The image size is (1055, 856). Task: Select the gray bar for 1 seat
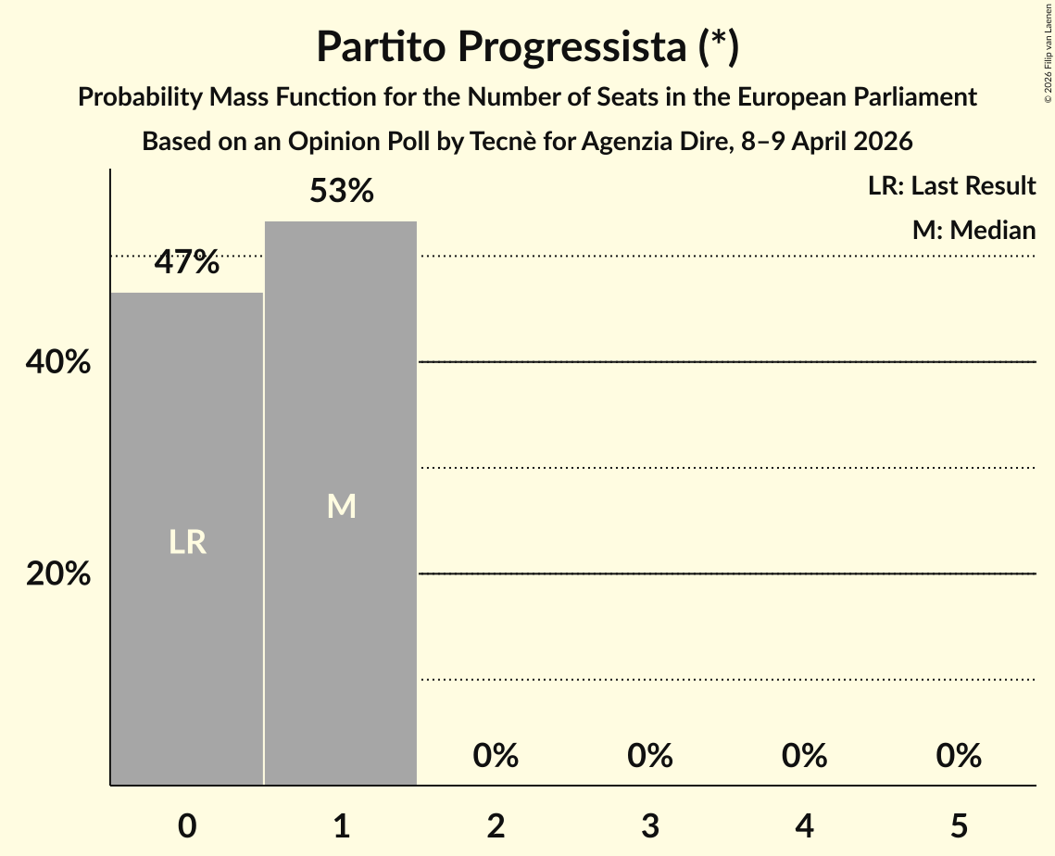[341, 648]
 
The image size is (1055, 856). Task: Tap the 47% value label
[187, 263]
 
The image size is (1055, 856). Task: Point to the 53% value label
[341, 192]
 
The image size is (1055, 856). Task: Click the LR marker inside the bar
[187, 542]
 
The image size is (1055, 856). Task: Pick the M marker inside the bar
[341, 506]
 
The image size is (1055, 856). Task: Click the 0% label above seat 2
[496, 756]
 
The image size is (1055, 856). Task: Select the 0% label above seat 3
[649, 756]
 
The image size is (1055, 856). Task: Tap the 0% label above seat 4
[804, 756]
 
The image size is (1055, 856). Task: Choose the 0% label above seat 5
[958, 756]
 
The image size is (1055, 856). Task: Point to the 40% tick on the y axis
[58, 363]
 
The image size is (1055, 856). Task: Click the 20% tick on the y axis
[58, 575]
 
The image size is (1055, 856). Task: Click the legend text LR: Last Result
[951, 186]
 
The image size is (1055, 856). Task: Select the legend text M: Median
[973, 230]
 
